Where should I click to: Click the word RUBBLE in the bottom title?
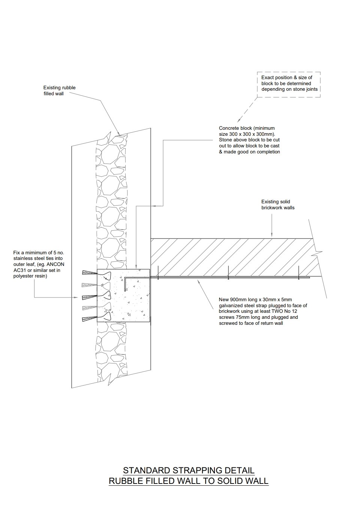click(x=126, y=481)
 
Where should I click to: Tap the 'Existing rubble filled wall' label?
click(x=59, y=91)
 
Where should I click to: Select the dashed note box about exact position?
click(x=289, y=84)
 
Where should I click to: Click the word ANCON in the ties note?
click(x=55, y=264)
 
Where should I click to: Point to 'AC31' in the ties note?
click(x=19, y=270)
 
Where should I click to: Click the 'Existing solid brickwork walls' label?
click(x=278, y=205)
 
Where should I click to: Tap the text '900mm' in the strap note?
click(x=238, y=300)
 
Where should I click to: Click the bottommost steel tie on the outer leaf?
click(x=89, y=320)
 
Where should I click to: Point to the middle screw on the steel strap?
click(x=228, y=273)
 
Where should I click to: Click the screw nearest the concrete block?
click(x=158, y=273)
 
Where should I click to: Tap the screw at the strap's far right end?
click(x=298, y=273)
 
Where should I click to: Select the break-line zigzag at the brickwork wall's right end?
click(x=318, y=252)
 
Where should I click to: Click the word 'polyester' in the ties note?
click(x=24, y=276)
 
